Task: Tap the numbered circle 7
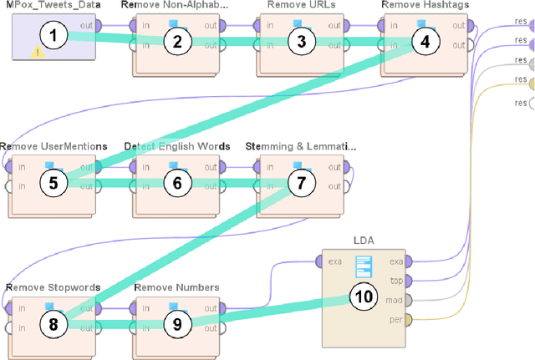click(x=303, y=183)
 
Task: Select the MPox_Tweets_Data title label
click(x=49, y=6)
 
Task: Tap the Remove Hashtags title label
click(x=425, y=6)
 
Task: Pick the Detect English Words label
click(x=176, y=146)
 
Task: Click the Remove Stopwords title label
click(x=53, y=287)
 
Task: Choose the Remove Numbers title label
click(x=177, y=287)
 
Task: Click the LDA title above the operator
click(x=364, y=241)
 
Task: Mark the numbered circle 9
click(x=177, y=324)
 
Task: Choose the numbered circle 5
click(x=53, y=182)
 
